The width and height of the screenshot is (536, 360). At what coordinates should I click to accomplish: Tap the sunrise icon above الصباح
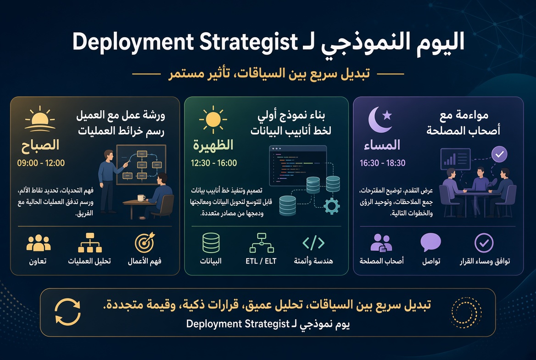click(40, 119)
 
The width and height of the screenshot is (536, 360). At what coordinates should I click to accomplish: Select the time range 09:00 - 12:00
click(41, 163)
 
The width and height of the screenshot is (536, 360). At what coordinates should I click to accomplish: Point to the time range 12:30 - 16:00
click(214, 163)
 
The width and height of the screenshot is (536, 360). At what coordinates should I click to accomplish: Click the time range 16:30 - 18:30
click(382, 163)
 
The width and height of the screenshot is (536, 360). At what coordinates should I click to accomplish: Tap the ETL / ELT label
click(261, 261)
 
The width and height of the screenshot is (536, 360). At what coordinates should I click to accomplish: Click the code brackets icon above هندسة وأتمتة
click(313, 242)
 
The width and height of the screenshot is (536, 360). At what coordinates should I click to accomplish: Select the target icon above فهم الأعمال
click(145, 242)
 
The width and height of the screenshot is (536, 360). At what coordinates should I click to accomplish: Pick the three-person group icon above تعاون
click(39, 243)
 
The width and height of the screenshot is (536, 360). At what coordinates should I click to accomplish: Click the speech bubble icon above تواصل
click(431, 242)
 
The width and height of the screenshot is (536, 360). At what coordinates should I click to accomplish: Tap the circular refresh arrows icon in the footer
click(67, 312)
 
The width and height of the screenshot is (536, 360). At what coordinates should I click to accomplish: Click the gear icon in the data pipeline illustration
click(331, 206)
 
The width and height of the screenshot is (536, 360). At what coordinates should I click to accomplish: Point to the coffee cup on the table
click(141, 198)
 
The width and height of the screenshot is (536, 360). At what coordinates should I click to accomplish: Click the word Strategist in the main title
click(249, 42)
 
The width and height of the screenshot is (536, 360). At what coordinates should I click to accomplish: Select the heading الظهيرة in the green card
click(213, 145)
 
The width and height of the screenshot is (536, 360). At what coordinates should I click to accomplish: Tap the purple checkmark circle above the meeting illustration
click(499, 154)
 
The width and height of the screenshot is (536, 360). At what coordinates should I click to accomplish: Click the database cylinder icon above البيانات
click(211, 242)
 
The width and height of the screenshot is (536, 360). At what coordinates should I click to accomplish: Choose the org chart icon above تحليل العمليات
click(90, 242)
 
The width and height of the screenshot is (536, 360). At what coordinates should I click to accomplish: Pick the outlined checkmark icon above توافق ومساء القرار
click(484, 242)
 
